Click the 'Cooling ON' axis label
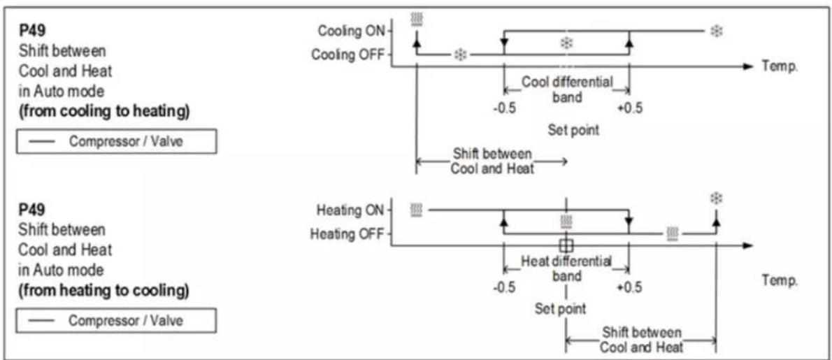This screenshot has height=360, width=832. [x=352, y=31]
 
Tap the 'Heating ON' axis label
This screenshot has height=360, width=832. [x=350, y=210]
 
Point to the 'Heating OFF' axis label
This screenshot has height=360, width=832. [x=347, y=233]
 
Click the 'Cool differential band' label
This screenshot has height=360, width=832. [x=567, y=89]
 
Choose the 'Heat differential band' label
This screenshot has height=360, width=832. [x=567, y=268]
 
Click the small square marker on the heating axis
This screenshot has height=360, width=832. [x=567, y=245]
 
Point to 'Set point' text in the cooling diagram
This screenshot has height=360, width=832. [x=573, y=131]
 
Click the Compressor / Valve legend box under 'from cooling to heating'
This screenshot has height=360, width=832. [x=116, y=142]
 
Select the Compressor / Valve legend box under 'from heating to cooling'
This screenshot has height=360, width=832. [x=116, y=320]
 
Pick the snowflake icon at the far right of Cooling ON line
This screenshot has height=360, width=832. [x=717, y=31]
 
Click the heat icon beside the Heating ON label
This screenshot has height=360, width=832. [x=417, y=210]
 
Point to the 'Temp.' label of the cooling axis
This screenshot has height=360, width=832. [x=780, y=67]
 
